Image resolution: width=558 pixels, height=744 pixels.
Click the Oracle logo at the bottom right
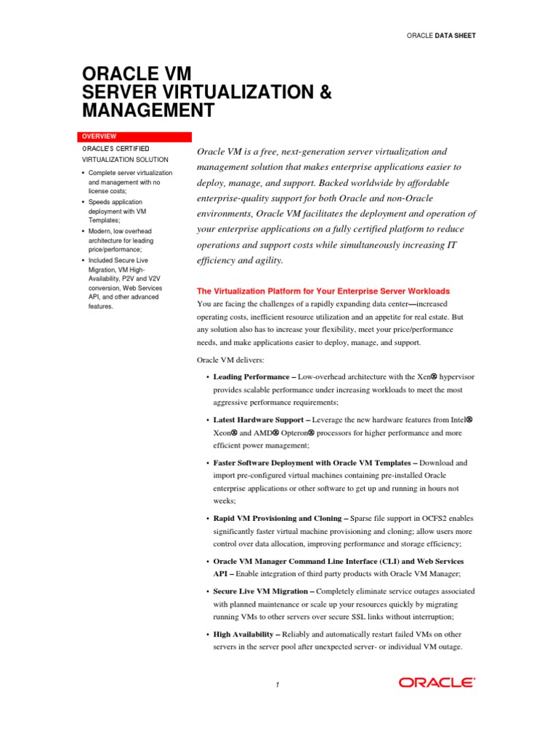[436, 682]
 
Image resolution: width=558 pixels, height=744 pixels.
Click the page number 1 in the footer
[278, 684]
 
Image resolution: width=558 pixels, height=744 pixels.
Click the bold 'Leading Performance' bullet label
[251, 378]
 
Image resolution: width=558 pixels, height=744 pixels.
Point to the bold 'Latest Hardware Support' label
[257, 420]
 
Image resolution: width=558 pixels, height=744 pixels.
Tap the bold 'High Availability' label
[243, 634]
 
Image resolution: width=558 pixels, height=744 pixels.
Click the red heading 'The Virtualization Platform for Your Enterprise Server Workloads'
[323, 291]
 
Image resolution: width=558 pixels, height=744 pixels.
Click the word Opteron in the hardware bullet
[290, 433]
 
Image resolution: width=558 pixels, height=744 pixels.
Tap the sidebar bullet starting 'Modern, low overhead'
[121, 231]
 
